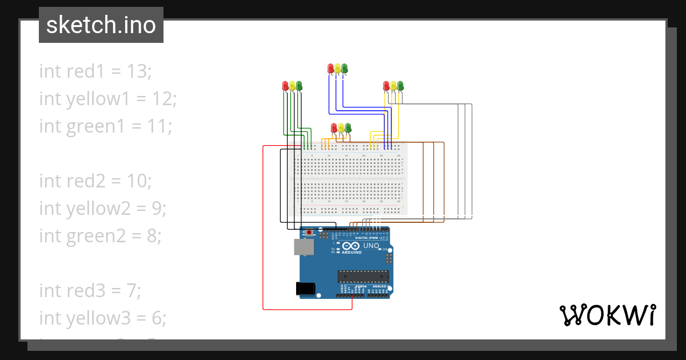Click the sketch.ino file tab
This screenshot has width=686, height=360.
(101, 25)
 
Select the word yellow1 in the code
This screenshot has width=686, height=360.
(98, 99)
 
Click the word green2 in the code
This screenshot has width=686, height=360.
(98, 236)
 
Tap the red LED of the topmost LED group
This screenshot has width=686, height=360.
(330, 68)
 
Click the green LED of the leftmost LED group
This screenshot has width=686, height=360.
(299, 86)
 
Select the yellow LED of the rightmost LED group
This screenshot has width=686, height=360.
(393, 86)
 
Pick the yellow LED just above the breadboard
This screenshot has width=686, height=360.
(341, 127)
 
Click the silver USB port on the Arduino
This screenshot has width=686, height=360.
(303, 247)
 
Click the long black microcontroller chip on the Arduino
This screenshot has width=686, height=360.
(363, 277)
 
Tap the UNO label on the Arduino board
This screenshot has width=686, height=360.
(371, 246)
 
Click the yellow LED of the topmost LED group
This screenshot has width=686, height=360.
(337, 68)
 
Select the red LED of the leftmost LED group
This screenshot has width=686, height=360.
(285, 86)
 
